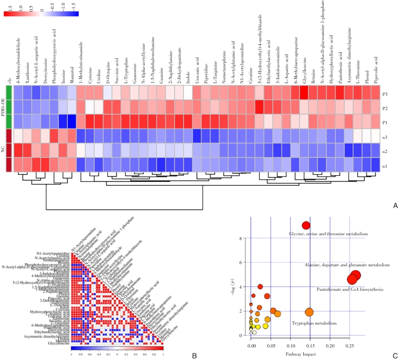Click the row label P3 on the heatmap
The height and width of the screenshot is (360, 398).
(385, 94)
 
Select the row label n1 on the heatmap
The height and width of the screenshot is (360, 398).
(385, 163)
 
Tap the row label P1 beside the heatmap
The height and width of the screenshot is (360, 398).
(385, 121)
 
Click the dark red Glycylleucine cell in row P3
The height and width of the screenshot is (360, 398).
(304, 93)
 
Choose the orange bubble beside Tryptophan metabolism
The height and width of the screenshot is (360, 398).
(309, 312)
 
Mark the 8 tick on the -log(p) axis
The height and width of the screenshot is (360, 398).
(243, 238)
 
